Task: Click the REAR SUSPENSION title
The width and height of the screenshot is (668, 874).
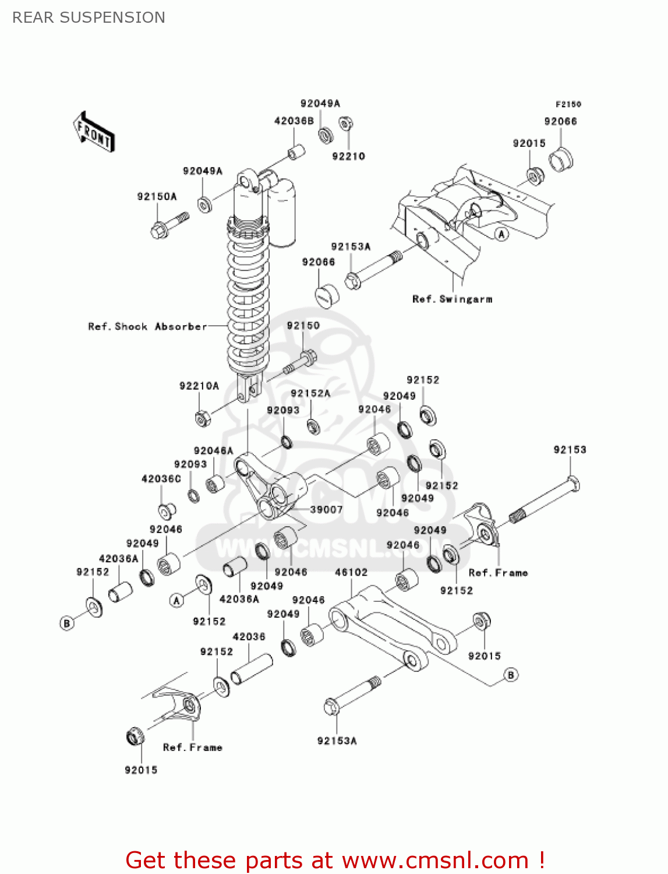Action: [89, 17]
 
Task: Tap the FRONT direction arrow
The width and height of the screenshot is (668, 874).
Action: [94, 132]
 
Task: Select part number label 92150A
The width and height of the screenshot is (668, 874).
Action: [157, 196]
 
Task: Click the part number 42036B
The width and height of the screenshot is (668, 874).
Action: [294, 121]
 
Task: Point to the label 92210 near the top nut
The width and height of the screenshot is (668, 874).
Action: [348, 156]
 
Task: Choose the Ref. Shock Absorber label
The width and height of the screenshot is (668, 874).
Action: [147, 326]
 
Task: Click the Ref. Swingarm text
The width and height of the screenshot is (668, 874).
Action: [452, 299]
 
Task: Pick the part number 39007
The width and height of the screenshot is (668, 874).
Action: [326, 509]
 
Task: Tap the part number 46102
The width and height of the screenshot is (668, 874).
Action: [351, 572]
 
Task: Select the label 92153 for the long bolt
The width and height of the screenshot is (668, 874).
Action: [570, 450]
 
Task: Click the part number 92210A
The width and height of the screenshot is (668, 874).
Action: [199, 386]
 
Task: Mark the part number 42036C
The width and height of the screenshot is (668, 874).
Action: [161, 479]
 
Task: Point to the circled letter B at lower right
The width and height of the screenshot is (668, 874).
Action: [510, 675]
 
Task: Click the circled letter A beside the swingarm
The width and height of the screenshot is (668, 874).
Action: [501, 234]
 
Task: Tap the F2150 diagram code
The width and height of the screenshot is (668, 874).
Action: [568, 104]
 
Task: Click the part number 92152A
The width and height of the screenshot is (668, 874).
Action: [310, 393]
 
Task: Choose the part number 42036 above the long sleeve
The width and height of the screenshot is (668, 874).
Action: [249, 637]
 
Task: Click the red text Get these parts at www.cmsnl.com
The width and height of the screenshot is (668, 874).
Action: [335, 861]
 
